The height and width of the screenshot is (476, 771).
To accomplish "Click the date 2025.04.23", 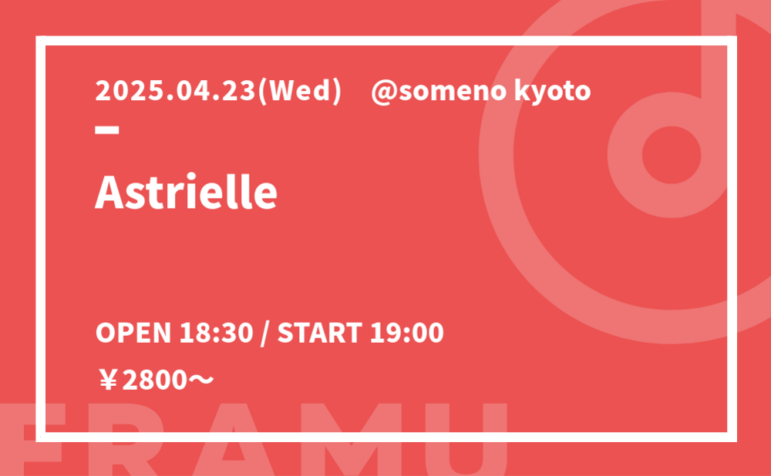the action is point(175,91).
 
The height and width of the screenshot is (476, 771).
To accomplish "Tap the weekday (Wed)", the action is point(299,92).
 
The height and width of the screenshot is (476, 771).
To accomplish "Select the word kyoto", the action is point(552,92).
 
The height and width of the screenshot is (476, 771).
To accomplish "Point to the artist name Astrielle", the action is point(186,192).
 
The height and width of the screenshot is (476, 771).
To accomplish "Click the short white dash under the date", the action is point(107,130).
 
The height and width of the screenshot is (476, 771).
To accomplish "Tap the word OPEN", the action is point(133,333).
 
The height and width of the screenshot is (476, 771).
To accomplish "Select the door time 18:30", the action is point(216,333).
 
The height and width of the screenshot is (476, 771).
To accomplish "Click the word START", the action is point(320,333).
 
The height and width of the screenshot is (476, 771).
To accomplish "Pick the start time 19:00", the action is point(406,333).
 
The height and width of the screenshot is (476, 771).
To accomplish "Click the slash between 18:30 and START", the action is point(265,334).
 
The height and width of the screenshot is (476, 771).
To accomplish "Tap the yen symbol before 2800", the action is point(108,380).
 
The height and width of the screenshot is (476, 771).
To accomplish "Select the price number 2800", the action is point(155,380).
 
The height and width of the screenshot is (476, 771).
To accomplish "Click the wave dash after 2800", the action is point(200,379).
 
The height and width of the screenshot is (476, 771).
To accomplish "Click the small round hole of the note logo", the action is point(672,155).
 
